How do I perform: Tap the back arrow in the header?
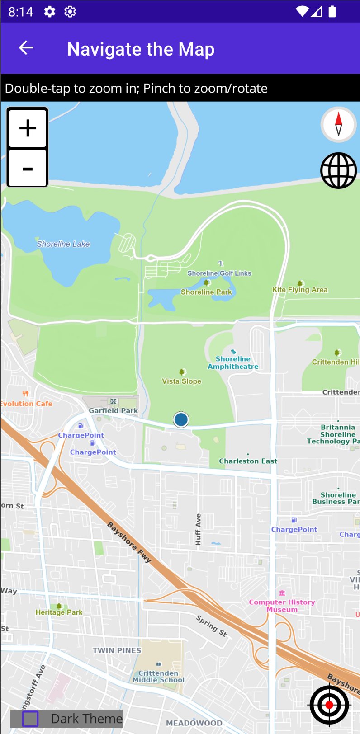click(26, 48)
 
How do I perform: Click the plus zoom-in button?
click(28, 128)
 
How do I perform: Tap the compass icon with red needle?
click(339, 124)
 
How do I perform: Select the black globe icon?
click(339, 170)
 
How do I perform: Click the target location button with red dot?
click(329, 705)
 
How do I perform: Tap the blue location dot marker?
click(181, 419)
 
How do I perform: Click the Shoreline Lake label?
click(63, 244)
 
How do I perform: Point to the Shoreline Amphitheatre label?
click(233, 363)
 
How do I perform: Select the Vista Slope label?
click(182, 381)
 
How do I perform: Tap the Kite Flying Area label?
click(300, 290)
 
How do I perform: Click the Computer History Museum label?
click(282, 606)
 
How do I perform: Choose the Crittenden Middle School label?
click(158, 677)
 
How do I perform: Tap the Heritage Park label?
click(59, 612)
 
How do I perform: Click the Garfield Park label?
click(113, 411)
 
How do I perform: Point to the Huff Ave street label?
click(198, 529)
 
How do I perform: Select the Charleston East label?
click(248, 461)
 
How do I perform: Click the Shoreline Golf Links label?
click(219, 273)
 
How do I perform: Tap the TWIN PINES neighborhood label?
click(117, 650)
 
